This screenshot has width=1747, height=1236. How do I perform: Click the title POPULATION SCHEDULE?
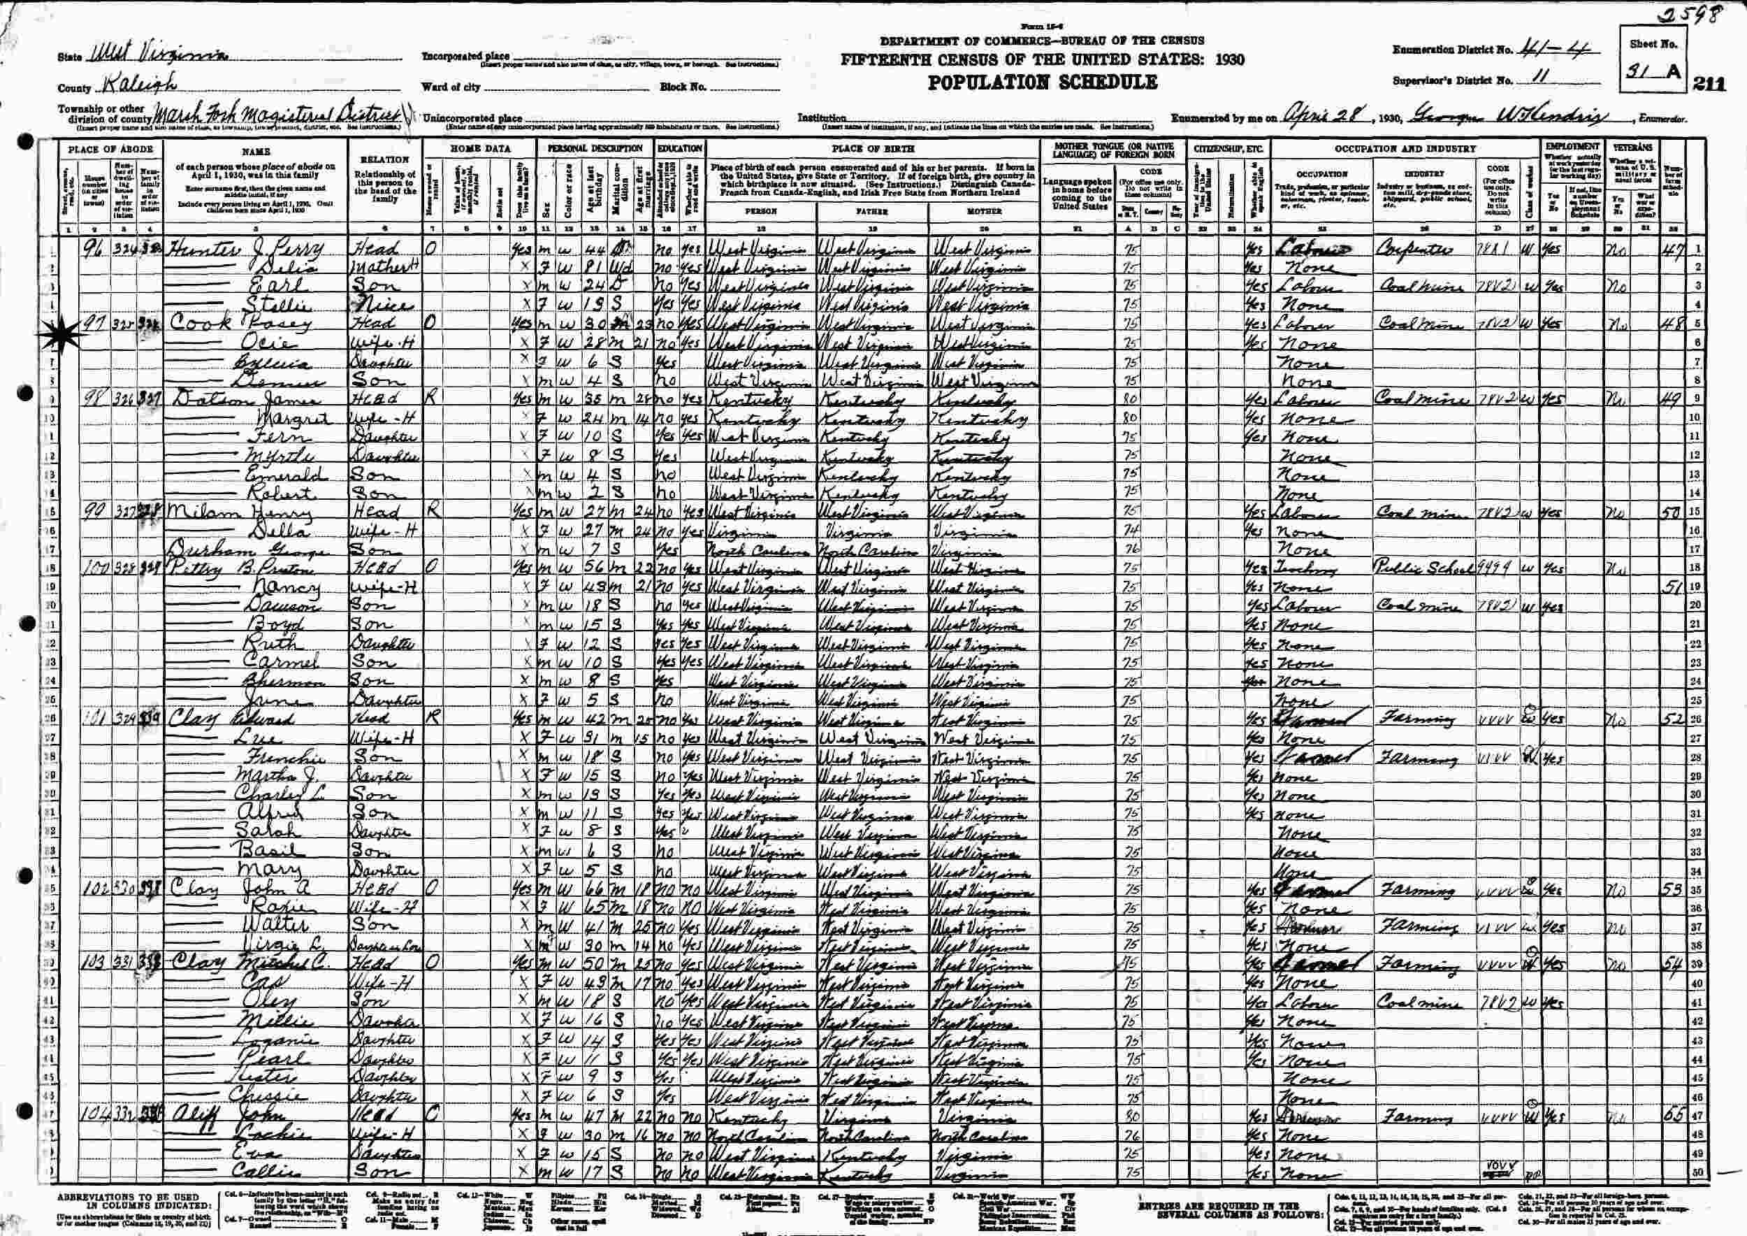[1043, 83]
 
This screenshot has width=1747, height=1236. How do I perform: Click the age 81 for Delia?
[598, 268]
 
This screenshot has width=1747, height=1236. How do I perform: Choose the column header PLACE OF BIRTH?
[872, 148]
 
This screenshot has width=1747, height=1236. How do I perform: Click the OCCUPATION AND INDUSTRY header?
[1405, 148]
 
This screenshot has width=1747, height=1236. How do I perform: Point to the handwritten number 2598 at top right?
[1692, 14]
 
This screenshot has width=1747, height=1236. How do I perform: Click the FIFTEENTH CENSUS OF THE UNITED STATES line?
[1043, 59]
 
